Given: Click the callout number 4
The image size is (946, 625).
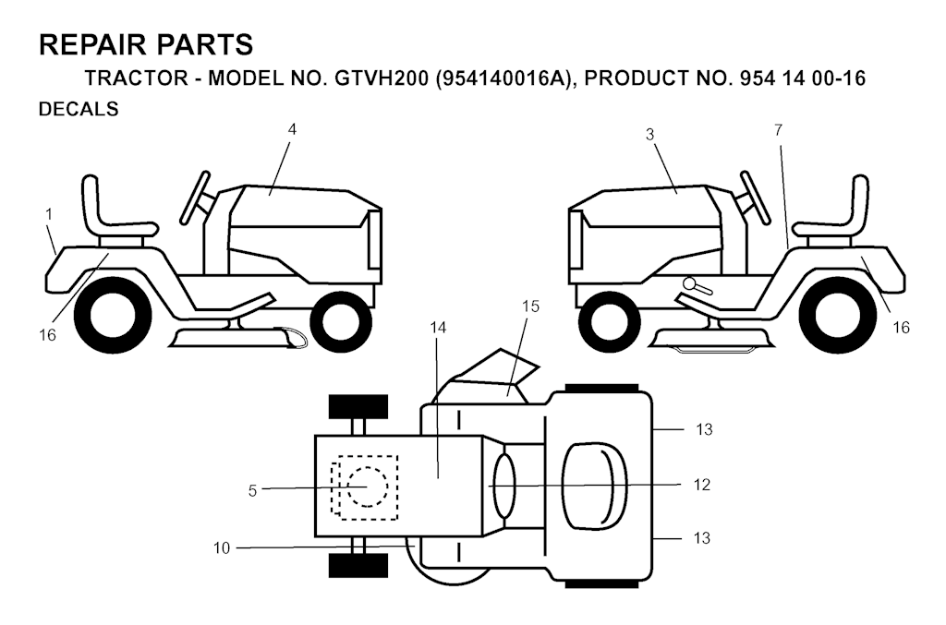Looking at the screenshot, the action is click(x=292, y=129).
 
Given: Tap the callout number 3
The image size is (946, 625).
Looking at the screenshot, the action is click(x=649, y=135).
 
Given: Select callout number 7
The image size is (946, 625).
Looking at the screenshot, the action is click(x=778, y=129).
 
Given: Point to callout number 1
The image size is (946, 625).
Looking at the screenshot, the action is click(x=49, y=214).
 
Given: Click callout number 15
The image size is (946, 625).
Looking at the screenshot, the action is click(x=530, y=306).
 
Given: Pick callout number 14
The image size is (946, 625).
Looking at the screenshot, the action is click(x=438, y=327).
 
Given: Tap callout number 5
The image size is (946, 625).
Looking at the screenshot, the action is click(x=252, y=491).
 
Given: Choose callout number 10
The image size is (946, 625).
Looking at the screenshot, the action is click(x=222, y=548).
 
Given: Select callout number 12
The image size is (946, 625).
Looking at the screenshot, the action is click(x=702, y=485).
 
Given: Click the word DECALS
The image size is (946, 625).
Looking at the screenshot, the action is click(x=79, y=109).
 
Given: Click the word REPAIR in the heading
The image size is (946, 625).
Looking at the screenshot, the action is click(x=93, y=45).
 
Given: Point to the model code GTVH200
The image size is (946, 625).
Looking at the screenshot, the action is click(x=382, y=78).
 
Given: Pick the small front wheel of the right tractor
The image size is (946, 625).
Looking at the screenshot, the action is click(x=603, y=322).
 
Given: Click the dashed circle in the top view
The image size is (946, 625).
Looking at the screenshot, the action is click(x=367, y=487).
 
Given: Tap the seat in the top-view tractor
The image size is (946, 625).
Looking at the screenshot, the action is click(x=594, y=487).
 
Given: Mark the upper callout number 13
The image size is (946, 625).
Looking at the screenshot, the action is click(x=704, y=429).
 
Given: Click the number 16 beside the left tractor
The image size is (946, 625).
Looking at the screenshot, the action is click(x=47, y=335).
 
